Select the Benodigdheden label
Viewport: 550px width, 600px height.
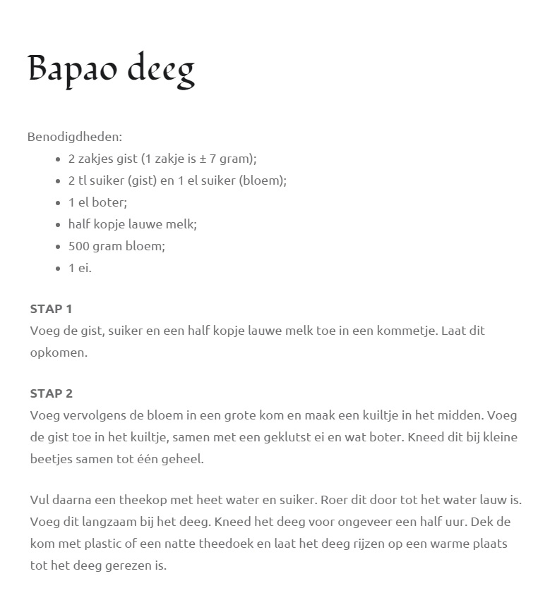[x=74, y=136]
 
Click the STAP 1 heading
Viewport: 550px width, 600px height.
[x=51, y=308]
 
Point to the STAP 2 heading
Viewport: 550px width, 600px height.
[x=51, y=393]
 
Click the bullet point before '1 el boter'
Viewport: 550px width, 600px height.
[x=59, y=203]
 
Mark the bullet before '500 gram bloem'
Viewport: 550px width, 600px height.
[x=59, y=247]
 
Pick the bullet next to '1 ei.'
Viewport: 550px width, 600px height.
[x=59, y=269]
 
